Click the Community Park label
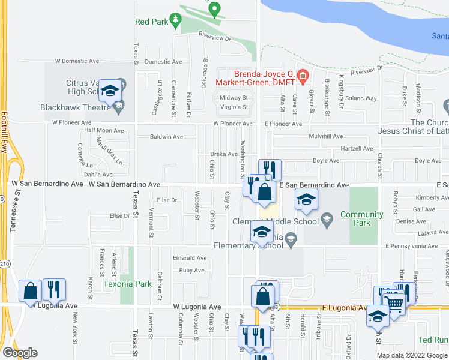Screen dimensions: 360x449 click(x=361, y=219)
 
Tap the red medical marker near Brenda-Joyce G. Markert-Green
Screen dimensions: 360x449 click(x=303, y=76)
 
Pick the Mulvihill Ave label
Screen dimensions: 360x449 click(x=325, y=136)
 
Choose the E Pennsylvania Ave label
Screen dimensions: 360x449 click(x=412, y=246)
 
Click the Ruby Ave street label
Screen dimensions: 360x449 click(x=192, y=270)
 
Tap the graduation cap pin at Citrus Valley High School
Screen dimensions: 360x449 click(x=109, y=91)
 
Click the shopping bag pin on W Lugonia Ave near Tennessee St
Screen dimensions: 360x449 click(x=30, y=292)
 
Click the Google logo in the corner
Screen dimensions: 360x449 click(x=20, y=353)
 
